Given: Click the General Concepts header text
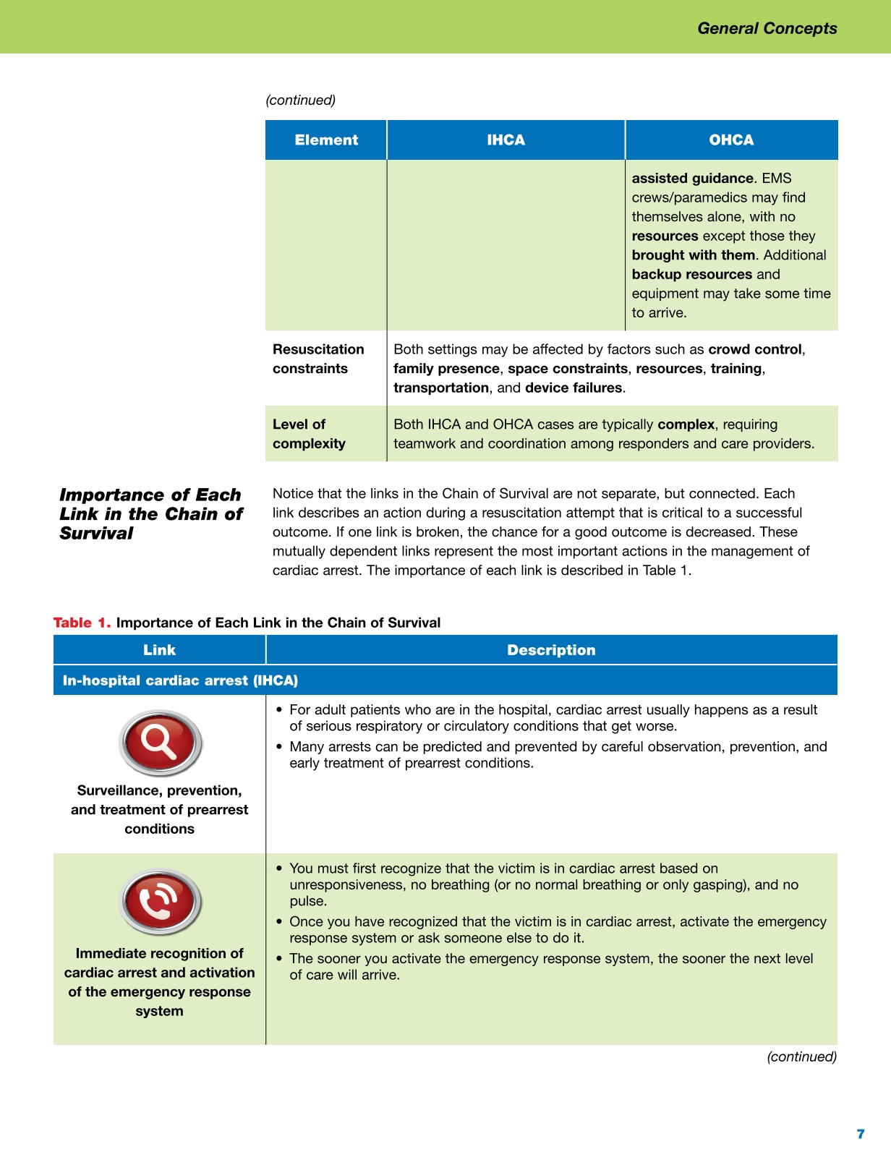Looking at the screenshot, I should point(767,28).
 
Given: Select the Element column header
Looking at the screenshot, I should point(326,140).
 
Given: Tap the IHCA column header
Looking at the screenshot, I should point(506,140).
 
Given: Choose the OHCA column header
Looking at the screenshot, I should point(731,140).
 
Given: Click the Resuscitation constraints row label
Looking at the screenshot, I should point(318,359).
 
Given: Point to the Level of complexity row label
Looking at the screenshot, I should point(309,434).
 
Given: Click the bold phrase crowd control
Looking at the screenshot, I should point(755,349).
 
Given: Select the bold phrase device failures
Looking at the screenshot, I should point(574,388).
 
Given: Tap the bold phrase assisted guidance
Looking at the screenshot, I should point(692,178).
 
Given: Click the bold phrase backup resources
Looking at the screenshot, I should point(691,274).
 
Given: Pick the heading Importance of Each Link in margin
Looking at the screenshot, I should point(150,514).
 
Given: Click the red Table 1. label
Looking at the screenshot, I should point(82,623).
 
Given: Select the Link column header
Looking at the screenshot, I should point(159,650).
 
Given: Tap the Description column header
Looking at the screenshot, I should point(551,650).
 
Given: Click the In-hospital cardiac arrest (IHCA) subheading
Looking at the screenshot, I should point(180,680).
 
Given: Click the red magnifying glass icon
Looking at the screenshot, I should point(159,743).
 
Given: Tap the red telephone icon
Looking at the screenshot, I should point(159,902).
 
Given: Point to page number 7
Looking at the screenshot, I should point(860,1134).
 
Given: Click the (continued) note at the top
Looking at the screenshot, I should point(300,101).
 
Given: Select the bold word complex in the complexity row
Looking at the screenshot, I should point(686,424).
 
